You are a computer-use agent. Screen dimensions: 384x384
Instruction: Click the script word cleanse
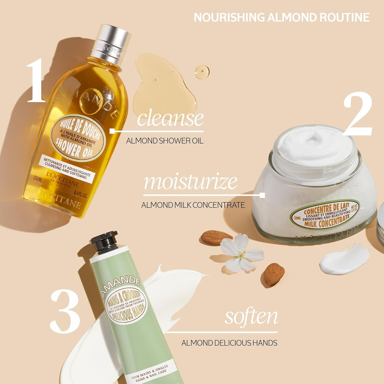point(170,118)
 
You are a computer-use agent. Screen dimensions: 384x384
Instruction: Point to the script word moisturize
point(190,182)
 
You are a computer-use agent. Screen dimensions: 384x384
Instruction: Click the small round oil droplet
point(202,71)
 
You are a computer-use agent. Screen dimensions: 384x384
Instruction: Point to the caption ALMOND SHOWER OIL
point(165,141)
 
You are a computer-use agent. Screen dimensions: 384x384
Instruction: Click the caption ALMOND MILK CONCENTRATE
point(193,205)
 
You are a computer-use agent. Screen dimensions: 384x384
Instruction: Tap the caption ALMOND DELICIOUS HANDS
point(229,343)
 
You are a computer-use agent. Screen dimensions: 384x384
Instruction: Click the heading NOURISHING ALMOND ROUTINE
point(282,17)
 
